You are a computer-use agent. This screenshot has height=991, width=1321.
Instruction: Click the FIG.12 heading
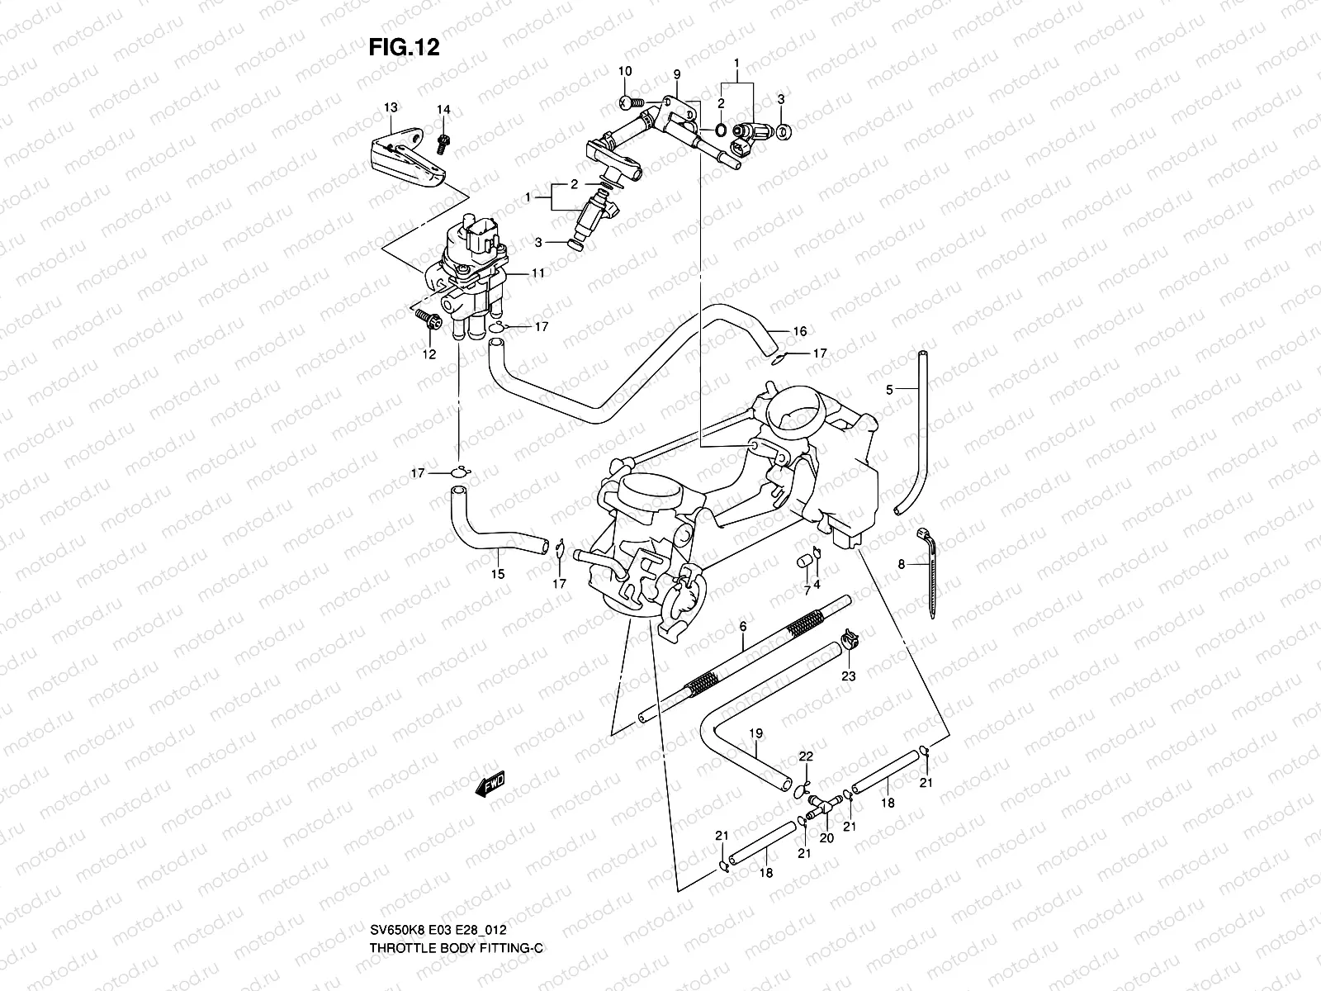click(404, 48)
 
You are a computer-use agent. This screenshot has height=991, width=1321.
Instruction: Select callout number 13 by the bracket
click(391, 108)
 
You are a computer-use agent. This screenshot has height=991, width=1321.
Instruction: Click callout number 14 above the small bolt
click(443, 110)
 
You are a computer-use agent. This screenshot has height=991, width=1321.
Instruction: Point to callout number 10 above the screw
click(625, 72)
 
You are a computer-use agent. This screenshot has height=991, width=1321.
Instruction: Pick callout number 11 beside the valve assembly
click(537, 272)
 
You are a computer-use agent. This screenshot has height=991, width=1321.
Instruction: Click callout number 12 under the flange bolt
click(428, 354)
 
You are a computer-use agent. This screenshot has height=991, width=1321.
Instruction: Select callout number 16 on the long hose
click(799, 331)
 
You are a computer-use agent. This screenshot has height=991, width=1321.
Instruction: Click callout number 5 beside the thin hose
click(889, 389)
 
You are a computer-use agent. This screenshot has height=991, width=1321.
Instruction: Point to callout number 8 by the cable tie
click(902, 564)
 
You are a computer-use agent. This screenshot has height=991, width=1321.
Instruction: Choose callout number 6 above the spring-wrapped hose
click(742, 628)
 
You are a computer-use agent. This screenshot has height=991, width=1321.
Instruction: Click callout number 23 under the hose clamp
click(848, 676)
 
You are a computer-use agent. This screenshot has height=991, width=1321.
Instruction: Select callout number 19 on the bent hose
click(755, 733)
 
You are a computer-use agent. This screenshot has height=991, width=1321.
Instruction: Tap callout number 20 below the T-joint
click(827, 837)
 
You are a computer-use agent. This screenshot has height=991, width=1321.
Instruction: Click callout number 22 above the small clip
click(806, 756)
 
